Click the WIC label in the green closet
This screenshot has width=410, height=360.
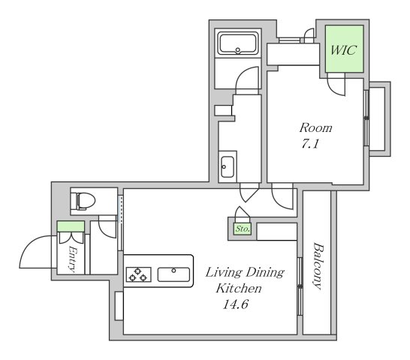343,49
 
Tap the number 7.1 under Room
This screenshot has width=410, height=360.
310,144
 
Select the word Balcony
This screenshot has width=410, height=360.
318,266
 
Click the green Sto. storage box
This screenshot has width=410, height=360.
243,229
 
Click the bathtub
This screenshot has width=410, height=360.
238,43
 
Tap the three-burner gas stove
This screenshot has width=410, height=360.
139,274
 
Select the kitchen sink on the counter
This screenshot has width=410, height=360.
173,274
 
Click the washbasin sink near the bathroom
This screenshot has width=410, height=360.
228,166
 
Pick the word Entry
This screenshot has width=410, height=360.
72,259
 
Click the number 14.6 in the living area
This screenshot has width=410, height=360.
235,304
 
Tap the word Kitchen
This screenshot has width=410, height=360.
239,289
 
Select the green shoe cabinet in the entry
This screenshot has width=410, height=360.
71,226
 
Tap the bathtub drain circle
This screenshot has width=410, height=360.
238,49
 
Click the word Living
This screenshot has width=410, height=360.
224,273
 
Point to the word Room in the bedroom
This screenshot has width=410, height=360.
316,127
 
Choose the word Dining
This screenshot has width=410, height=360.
265,273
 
